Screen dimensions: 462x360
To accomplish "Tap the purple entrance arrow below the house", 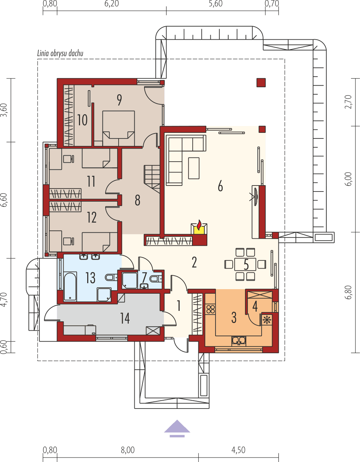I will tap(177, 428).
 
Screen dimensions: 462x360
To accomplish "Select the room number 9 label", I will tap(119, 100).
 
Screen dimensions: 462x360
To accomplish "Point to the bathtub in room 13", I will tap(70, 287).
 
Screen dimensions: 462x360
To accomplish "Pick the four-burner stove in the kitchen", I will tap(211, 309).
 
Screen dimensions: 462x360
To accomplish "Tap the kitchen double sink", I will tap(238, 340).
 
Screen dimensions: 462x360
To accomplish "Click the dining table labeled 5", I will tap(245, 264).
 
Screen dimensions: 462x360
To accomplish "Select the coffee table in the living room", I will tap(194, 168).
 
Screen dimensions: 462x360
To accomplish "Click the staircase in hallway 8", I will tap(152, 177).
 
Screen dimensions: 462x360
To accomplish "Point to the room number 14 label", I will tap(125, 318).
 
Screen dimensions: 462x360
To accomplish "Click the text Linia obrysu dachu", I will tap(60, 53).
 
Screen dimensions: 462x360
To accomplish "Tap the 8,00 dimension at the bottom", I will tap(128, 450).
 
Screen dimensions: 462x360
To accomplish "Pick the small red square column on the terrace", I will tap(261, 82).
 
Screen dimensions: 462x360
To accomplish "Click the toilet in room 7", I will tap(155, 279).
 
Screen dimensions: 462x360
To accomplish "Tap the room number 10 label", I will tap(82, 120).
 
